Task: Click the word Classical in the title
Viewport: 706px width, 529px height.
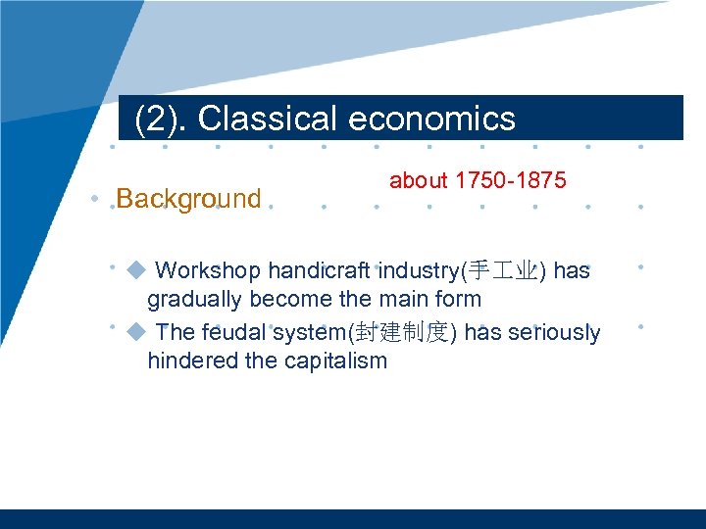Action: [269, 119]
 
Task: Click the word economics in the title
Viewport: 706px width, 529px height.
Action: [431, 119]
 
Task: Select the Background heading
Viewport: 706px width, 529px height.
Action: [188, 199]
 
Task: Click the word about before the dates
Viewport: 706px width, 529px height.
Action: [418, 180]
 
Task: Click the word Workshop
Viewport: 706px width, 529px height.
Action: [208, 270]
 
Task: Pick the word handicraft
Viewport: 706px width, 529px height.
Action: [319, 270]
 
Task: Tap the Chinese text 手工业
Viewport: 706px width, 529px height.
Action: [504, 271]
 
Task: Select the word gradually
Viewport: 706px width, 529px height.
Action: [195, 299]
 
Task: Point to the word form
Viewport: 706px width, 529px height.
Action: [456, 299]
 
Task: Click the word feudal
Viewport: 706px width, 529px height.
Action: [234, 332]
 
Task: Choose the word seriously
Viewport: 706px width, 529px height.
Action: [555, 332]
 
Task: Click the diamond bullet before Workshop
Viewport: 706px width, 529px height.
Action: [136, 269]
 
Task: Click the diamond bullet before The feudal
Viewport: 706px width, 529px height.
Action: [136, 331]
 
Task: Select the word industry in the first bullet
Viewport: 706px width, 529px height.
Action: [419, 270]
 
